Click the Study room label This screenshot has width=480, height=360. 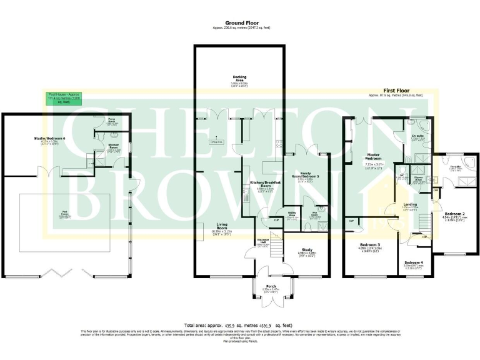point(306,249)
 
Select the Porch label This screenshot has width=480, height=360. point(271,286)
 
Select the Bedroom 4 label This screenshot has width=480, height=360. point(413,262)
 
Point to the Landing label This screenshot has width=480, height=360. point(411,205)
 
